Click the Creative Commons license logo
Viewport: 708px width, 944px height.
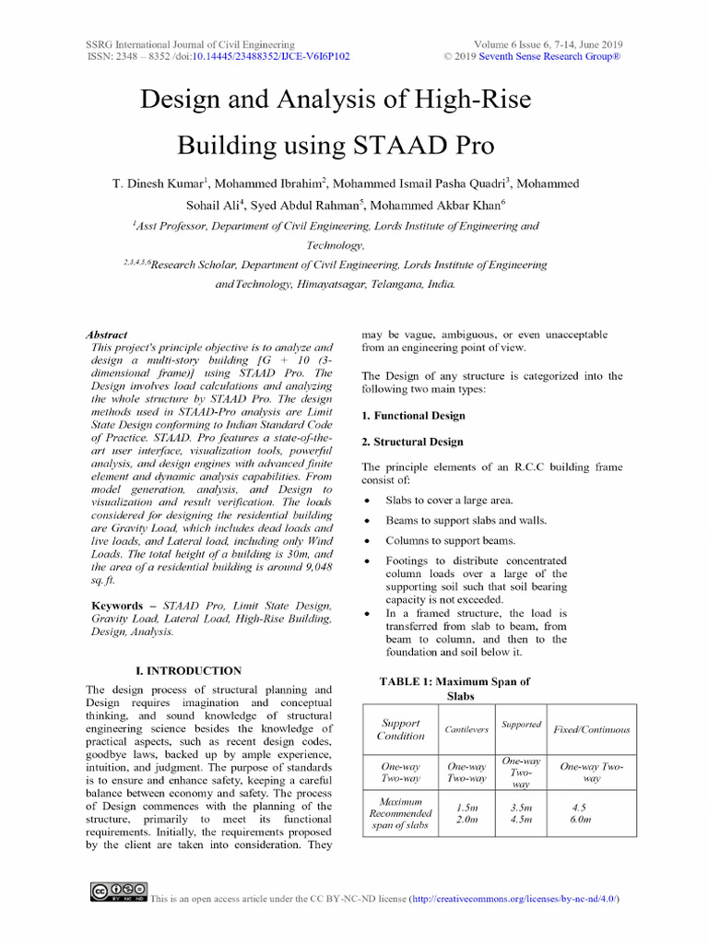click(119, 891)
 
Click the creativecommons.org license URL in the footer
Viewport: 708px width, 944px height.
click(513, 898)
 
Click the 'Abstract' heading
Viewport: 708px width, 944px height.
click(106, 335)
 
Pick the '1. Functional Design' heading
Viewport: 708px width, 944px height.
click(413, 416)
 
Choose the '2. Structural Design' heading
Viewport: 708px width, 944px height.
click(412, 442)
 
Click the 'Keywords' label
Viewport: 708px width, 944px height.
click(117, 606)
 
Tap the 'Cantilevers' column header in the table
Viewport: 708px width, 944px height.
click(466, 729)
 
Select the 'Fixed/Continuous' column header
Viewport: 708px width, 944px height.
click(591, 729)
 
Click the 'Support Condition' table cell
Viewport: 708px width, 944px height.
click(401, 729)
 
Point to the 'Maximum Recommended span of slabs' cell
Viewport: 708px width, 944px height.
click(401, 813)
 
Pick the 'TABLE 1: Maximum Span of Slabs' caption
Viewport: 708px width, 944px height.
click(454, 689)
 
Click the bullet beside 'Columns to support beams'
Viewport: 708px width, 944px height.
click(368, 541)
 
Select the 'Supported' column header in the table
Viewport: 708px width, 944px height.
click(521, 725)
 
